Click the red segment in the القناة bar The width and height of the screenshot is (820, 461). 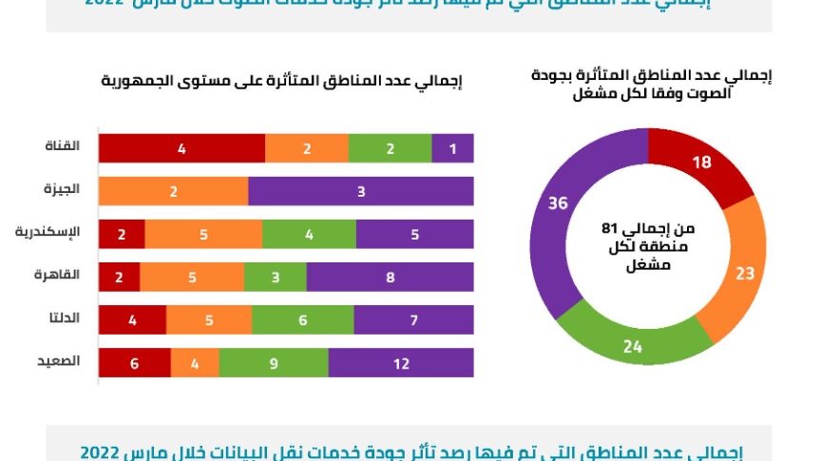point(181,148)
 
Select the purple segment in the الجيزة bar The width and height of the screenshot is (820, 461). point(361,191)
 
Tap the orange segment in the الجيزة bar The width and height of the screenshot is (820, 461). point(174,191)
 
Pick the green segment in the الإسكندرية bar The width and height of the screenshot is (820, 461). point(309,234)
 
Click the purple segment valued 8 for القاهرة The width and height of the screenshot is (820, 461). point(390,277)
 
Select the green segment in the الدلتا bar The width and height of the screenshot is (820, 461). point(303,320)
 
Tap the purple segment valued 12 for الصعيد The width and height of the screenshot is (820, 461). point(401,363)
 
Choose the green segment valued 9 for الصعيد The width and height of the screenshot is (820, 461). point(274,363)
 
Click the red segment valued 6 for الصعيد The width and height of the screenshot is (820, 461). point(135,363)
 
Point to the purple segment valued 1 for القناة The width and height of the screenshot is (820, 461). point(452,148)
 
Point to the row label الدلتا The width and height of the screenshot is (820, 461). point(64,318)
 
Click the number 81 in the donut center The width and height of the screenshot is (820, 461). point(610,228)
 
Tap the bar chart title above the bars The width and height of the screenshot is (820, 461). point(282,82)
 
